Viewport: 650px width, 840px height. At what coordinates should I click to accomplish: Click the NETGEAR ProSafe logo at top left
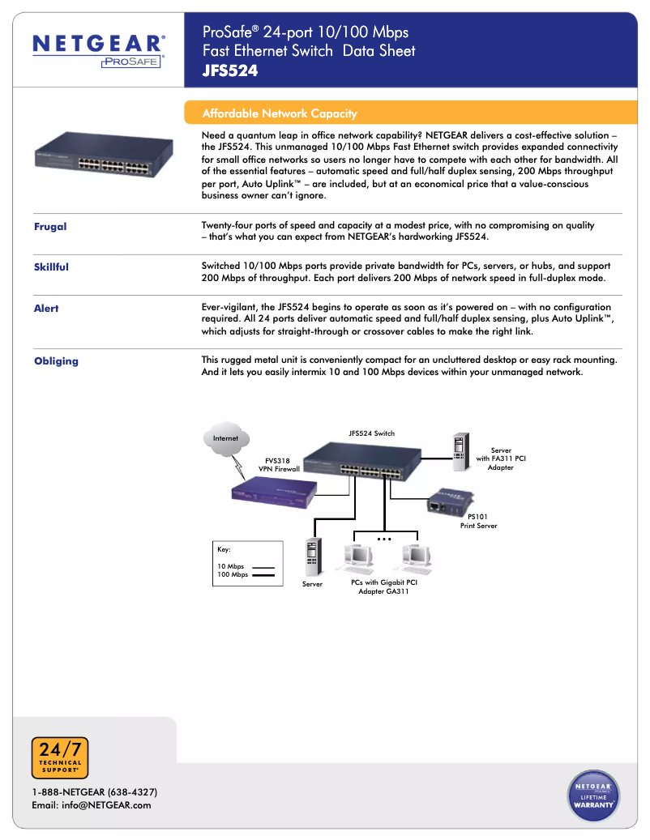(99, 50)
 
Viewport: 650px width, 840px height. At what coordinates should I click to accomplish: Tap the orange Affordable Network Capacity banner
(280, 113)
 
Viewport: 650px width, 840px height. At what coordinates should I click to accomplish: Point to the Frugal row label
(50, 227)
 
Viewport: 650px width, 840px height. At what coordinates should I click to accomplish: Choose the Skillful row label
(51, 267)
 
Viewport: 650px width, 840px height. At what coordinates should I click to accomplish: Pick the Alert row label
(46, 309)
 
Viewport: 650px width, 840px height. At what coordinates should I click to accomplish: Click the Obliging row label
(56, 361)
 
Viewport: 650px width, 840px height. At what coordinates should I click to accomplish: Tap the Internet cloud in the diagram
(226, 438)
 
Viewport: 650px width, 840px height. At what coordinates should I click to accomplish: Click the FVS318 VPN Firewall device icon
(273, 493)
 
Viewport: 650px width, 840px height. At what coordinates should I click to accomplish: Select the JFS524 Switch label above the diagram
(371, 433)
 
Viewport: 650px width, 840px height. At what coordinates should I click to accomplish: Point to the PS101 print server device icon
(444, 502)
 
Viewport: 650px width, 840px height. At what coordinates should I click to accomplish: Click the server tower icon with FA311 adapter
(460, 453)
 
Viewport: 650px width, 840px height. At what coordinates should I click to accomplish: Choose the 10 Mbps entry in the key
(231, 566)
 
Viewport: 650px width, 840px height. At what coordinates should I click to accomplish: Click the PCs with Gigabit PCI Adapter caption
(383, 586)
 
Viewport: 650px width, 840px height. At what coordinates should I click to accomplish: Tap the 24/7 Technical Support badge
(60, 758)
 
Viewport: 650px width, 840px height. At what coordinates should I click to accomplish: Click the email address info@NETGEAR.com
(91, 805)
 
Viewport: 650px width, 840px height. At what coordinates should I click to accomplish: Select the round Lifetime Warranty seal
(593, 795)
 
